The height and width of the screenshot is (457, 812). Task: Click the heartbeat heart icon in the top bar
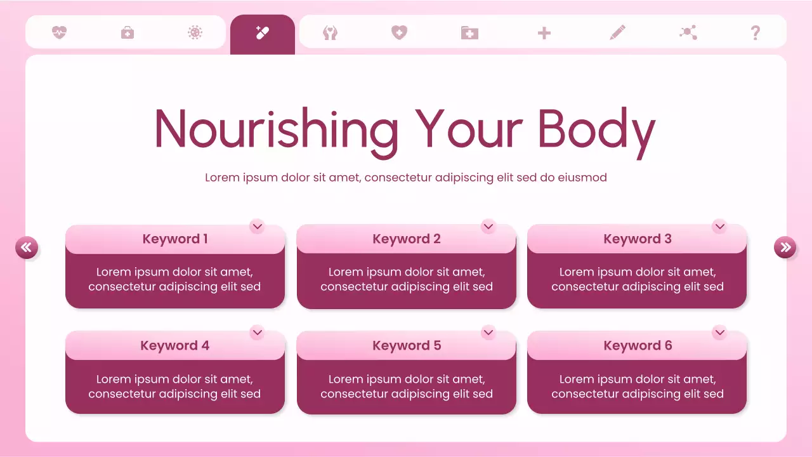pyautogui.click(x=59, y=32)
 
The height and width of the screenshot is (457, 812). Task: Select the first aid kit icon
pyautogui.click(x=128, y=32)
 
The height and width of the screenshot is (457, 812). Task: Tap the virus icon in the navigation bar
pyautogui.click(x=195, y=32)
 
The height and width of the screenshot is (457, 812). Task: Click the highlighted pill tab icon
pyautogui.click(x=263, y=32)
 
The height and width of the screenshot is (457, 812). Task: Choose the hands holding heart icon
pyautogui.click(x=330, y=32)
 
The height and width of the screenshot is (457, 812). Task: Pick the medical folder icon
pyautogui.click(x=469, y=32)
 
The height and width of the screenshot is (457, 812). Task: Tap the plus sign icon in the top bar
pyautogui.click(x=544, y=33)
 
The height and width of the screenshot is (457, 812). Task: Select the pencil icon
pyautogui.click(x=617, y=32)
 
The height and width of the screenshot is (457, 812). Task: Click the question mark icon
pyautogui.click(x=755, y=32)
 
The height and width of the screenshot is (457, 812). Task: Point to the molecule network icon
pyautogui.click(x=688, y=32)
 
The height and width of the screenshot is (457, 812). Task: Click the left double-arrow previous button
pyautogui.click(x=27, y=248)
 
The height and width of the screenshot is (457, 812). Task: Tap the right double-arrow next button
pyautogui.click(x=785, y=248)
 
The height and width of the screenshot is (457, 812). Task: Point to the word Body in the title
pyautogui.click(x=596, y=130)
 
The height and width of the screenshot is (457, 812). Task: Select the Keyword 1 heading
pyautogui.click(x=175, y=239)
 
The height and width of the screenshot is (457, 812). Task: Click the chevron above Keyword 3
pyautogui.click(x=719, y=226)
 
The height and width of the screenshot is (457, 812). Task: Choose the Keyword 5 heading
pyautogui.click(x=407, y=346)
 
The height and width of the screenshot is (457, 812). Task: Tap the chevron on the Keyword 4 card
pyautogui.click(x=257, y=332)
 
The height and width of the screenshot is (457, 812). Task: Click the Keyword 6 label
pyautogui.click(x=638, y=346)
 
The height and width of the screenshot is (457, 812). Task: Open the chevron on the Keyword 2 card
pyautogui.click(x=488, y=226)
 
